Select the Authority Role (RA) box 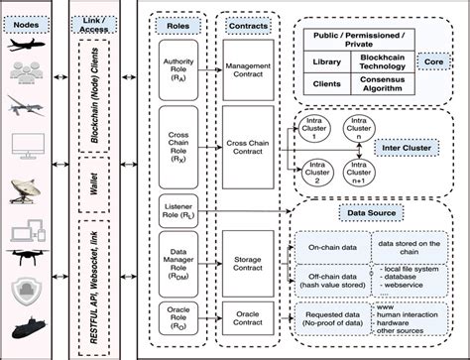pyautogui.click(x=178, y=68)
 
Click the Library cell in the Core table pyautogui.click(x=327, y=62)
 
